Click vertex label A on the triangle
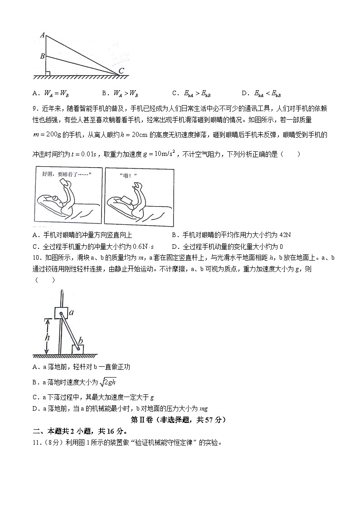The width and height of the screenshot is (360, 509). click(x=42, y=35)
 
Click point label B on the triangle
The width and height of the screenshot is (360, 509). click(x=42, y=56)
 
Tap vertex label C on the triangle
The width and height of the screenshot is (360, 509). click(x=121, y=71)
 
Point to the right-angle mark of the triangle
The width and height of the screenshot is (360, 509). click(x=48, y=72)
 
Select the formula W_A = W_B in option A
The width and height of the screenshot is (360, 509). click(x=57, y=94)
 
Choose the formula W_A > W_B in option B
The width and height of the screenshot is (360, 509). click(x=126, y=94)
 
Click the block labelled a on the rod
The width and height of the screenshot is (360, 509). click(x=61, y=313)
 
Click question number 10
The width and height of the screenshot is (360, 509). click(x=38, y=258)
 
